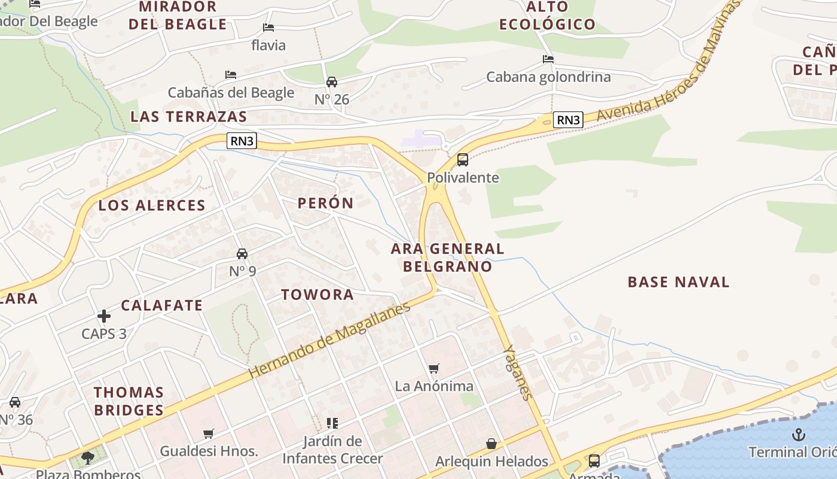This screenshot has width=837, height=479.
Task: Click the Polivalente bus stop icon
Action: pyautogui.click(x=463, y=160)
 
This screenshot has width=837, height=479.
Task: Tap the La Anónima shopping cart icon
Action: pyautogui.click(x=434, y=368)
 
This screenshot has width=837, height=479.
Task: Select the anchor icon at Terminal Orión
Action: pyautogui.click(x=798, y=435)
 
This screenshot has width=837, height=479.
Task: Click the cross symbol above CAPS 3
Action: pyautogui.click(x=104, y=316)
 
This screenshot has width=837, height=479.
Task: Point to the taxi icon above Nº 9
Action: pyautogui.click(x=242, y=254)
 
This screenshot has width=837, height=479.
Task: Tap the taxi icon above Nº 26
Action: pyautogui.click(x=332, y=82)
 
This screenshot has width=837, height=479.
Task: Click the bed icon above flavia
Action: pyautogui.click(x=268, y=28)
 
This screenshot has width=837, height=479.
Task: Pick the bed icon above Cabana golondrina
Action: pyautogui.click(x=548, y=59)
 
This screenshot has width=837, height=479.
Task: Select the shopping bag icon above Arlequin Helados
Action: pyautogui.click(x=491, y=444)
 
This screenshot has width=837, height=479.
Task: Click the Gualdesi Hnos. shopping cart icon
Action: pyautogui.click(x=209, y=433)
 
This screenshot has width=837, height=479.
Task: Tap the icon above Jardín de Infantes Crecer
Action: pyautogui.click(x=332, y=423)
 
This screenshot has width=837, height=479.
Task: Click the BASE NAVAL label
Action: pyautogui.click(x=679, y=282)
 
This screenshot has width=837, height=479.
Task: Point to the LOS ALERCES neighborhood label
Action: pyautogui.click(x=152, y=205)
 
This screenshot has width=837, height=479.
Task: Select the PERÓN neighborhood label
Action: pyautogui.click(x=326, y=203)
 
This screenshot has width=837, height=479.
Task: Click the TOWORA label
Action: pyautogui.click(x=317, y=295)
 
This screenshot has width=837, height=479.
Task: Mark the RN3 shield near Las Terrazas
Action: pyautogui.click(x=242, y=141)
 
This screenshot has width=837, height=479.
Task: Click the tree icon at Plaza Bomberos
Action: pyautogui.click(x=88, y=459)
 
